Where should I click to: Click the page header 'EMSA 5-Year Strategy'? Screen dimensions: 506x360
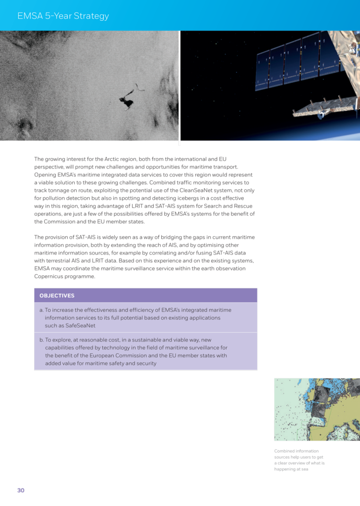point(63,16)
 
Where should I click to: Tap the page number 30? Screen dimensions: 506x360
point(21,490)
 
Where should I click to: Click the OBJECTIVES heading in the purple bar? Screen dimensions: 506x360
point(57,295)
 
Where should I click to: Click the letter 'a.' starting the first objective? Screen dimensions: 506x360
point(42,310)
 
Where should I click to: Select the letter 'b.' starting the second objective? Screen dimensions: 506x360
point(42,340)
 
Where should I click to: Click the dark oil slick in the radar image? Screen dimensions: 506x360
point(127,101)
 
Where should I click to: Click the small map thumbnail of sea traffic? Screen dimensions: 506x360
point(317,409)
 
